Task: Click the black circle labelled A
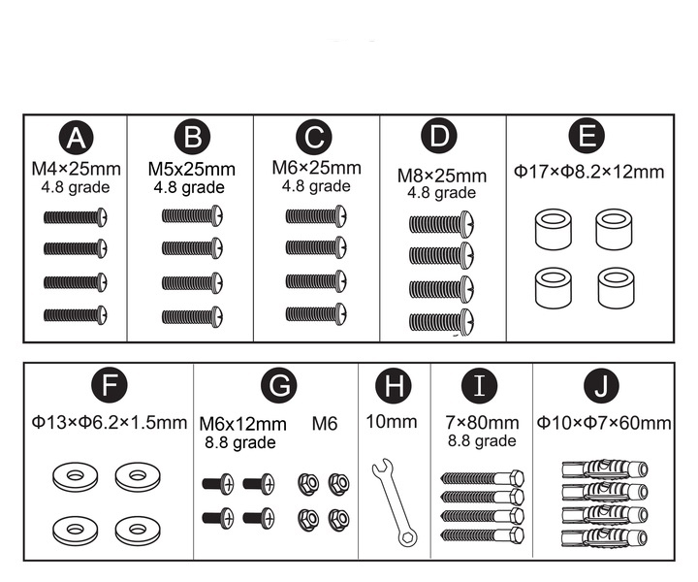(x=77, y=138)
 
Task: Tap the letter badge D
(x=439, y=136)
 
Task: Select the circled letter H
(x=394, y=385)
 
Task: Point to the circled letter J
(x=601, y=386)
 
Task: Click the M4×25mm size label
(x=77, y=169)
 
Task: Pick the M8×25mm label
(x=442, y=176)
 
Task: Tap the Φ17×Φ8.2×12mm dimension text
(x=589, y=172)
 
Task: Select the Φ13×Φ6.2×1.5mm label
(x=110, y=422)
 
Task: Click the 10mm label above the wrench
(x=392, y=422)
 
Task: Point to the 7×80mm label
(x=482, y=423)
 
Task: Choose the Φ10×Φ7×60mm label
(x=604, y=423)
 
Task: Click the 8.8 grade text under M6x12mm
(x=240, y=442)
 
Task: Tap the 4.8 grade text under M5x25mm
(x=189, y=187)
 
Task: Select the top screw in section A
(x=76, y=217)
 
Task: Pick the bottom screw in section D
(x=442, y=322)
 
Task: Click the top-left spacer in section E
(x=554, y=230)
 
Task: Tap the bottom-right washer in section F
(x=138, y=531)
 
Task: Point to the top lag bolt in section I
(x=482, y=478)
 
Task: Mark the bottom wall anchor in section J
(x=605, y=538)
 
